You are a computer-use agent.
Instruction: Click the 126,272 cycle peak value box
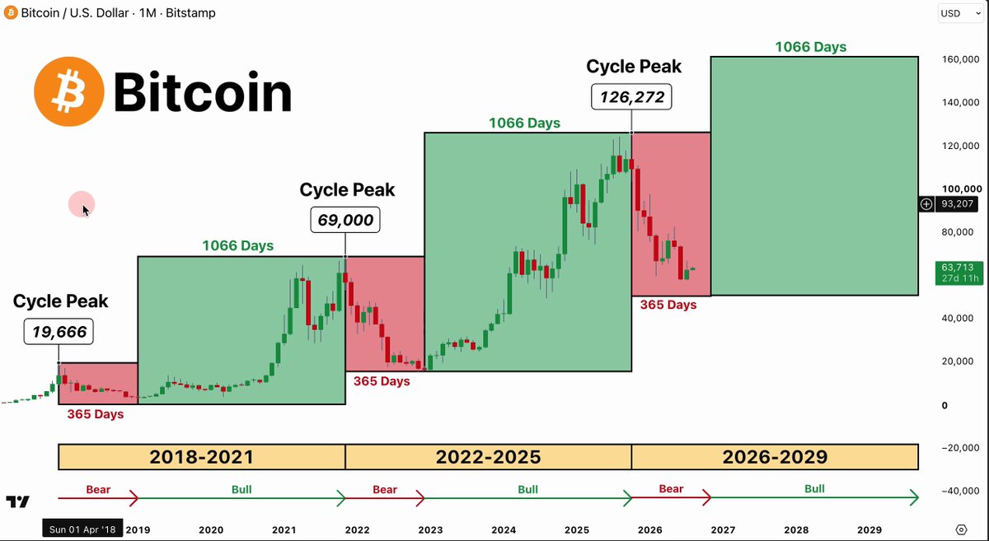[631, 96]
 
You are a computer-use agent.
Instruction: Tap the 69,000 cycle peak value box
[345, 220]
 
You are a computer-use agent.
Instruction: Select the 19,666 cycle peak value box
[59, 331]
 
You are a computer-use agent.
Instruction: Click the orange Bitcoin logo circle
[69, 91]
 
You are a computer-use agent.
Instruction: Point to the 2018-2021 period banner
[202, 457]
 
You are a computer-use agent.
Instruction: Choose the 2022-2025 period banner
[488, 457]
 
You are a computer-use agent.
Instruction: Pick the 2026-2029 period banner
[776, 457]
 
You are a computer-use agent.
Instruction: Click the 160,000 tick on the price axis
[961, 59]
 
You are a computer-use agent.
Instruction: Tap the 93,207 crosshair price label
[957, 204]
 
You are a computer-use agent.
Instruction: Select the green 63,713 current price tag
[959, 273]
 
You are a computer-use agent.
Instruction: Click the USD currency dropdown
[959, 13]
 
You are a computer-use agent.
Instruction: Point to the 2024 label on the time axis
[504, 529]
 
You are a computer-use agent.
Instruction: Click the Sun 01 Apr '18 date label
[82, 529]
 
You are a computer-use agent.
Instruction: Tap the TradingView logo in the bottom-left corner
[17, 501]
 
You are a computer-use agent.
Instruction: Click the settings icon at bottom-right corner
[961, 529]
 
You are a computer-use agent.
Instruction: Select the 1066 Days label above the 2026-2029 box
[811, 47]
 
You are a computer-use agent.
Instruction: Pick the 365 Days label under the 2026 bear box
[668, 305]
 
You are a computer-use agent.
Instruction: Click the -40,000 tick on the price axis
[960, 491]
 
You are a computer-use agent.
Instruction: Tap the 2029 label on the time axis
[869, 529]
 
